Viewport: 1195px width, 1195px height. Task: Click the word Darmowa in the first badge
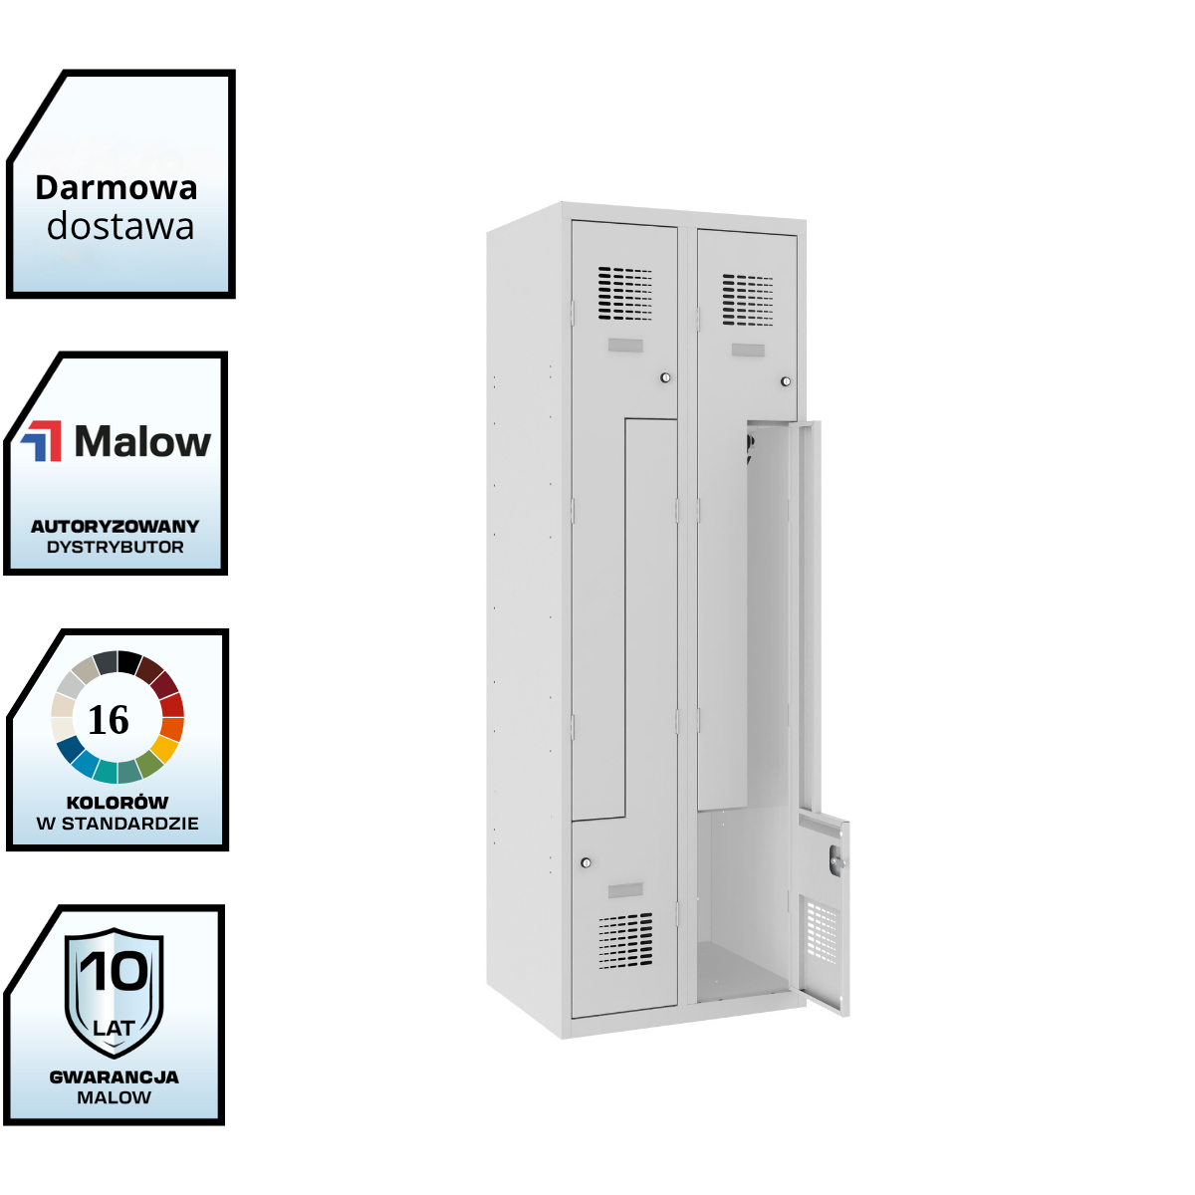117,187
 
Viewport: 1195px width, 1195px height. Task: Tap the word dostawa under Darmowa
120,227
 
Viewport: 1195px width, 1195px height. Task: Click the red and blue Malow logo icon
42,440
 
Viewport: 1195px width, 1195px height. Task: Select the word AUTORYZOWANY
116,526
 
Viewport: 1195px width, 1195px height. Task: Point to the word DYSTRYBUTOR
116,547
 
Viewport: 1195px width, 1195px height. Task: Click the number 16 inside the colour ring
109,720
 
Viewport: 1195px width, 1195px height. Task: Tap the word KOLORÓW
118,802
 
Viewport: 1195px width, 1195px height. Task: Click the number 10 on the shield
114,971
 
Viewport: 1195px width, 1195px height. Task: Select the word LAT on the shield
114,1028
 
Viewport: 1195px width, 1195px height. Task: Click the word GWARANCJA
115,1076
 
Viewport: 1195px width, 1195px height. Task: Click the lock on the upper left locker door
665,377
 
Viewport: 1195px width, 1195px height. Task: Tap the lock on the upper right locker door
786,381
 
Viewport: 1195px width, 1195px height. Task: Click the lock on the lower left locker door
586,862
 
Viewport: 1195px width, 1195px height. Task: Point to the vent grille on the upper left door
625,294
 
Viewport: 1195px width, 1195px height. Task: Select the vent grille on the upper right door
748,300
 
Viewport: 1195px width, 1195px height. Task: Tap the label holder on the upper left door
625,346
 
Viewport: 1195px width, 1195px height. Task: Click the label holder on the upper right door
748,351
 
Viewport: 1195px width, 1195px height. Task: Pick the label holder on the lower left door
625,889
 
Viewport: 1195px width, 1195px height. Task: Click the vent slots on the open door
823,932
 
